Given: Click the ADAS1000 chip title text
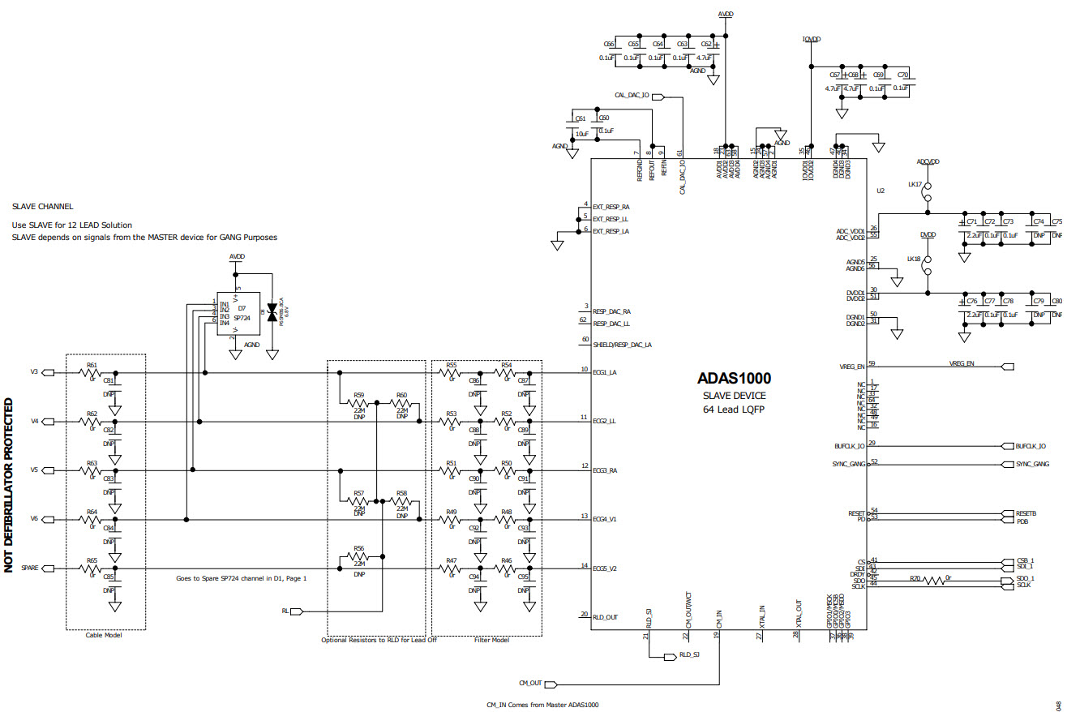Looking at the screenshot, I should tap(734, 378).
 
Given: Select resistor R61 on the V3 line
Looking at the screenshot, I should tap(92, 373).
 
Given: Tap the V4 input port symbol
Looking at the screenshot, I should tap(48, 422).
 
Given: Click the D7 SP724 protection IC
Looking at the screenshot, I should tap(237, 312).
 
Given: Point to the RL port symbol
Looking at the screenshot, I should tap(296, 611).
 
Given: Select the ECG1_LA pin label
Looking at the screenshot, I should tap(605, 373).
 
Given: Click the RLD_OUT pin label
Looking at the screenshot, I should tap(606, 617).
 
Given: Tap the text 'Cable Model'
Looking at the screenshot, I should tap(104, 636).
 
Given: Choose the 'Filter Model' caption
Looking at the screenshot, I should tap(491, 641).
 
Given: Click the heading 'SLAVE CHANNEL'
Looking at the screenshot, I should tap(42, 207).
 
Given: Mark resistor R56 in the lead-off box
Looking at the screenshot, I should tap(359, 557).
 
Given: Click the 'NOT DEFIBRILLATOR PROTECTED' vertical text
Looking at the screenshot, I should tap(10, 485).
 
